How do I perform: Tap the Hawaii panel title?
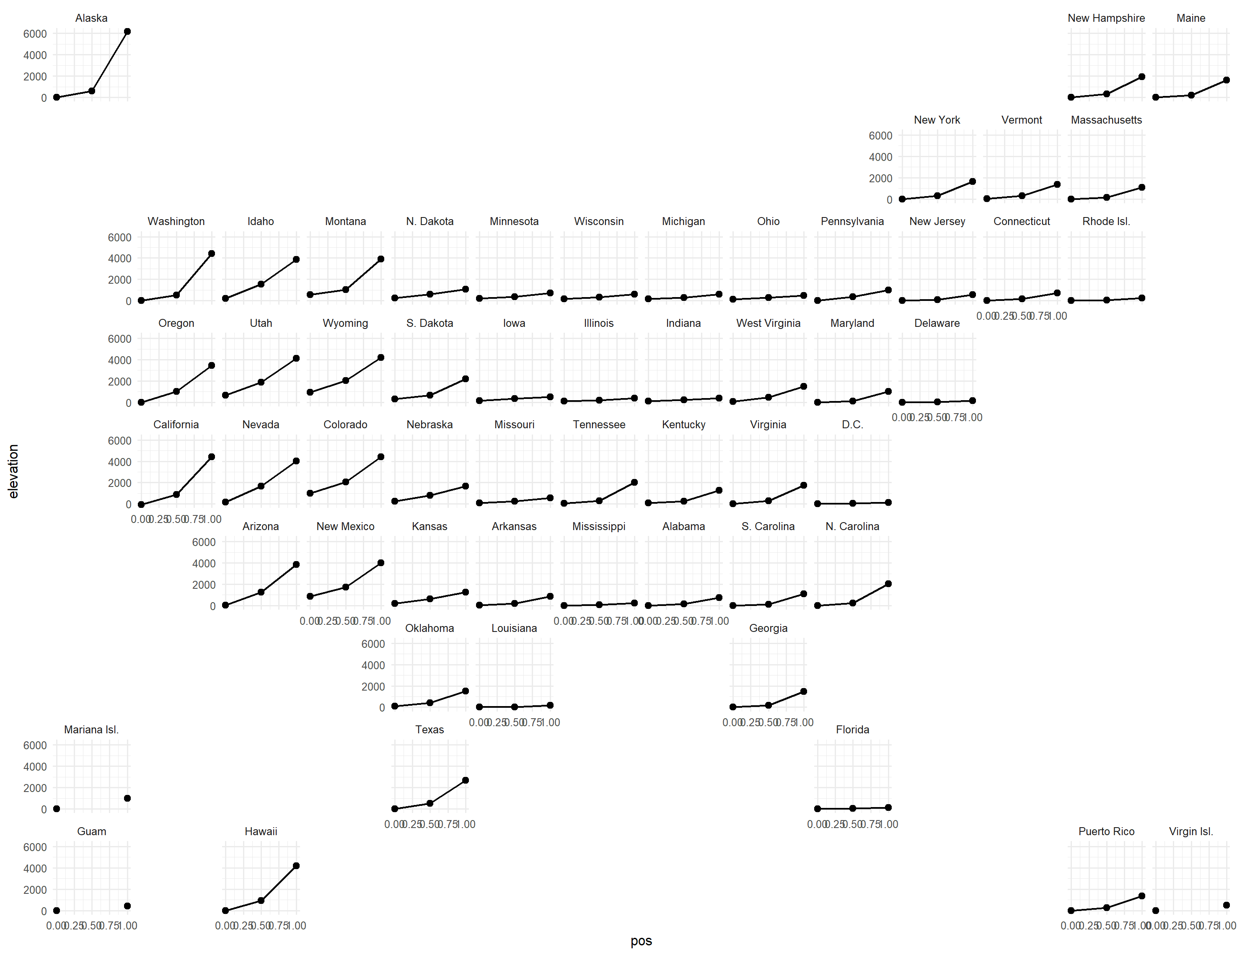pos(261,831)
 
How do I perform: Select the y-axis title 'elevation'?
pos(13,471)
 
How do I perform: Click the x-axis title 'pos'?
pos(641,941)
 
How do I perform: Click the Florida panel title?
pos(852,730)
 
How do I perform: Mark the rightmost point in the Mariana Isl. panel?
pos(127,799)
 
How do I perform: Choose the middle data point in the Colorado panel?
pos(346,482)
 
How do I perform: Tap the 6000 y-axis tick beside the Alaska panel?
pos(35,34)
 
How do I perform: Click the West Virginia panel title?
pos(768,323)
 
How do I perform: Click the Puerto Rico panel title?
pos(1106,831)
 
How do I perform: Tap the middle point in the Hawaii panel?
pos(261,901)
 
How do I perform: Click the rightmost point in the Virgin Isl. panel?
pos(1226,905)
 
